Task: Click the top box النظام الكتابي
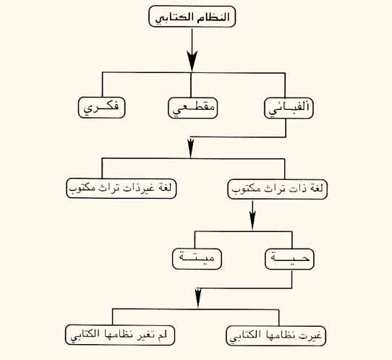coord(192,17)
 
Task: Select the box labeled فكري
coord(101,108)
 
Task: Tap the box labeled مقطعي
coord(193,108)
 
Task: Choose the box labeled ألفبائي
coord(289,108)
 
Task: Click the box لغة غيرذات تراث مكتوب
coord(122,188)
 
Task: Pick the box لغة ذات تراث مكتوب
coord(278,189)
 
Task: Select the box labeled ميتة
coord(197,259)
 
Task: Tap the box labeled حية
coord(289,259)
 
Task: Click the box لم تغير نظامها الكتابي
coord(120,335)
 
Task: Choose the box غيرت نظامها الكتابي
coord(276,335)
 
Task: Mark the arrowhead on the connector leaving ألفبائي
coord(191,148)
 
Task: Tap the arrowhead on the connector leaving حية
coord(198,299)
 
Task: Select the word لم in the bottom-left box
coord(163,335)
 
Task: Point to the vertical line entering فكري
coord(102,85)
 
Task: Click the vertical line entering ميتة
coord(195,240)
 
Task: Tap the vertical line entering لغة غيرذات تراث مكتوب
coord(102,168)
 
